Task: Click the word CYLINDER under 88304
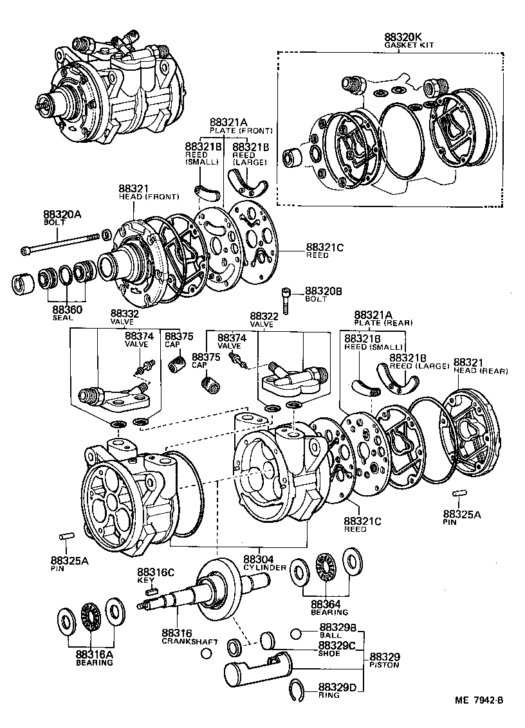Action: [264, 568]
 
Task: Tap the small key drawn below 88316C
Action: [152, 590]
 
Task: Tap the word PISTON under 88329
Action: [384, 665]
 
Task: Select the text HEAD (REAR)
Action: [481, 371]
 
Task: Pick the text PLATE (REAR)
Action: [383, 322]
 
